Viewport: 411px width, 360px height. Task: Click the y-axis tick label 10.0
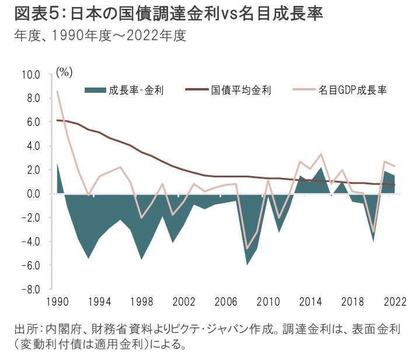[x=30, y=75]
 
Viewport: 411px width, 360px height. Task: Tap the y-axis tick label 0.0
[x=31, y=194]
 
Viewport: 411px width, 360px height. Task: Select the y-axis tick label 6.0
[x=31, y=123]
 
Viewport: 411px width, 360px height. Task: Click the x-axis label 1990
[x=57, y=302]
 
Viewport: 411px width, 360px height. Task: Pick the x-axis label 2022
[x=395, y=302]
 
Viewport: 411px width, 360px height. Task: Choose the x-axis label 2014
[x=311, y=302]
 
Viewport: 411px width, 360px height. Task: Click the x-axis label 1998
[x=142, y=302]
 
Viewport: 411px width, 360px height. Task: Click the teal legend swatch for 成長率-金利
[x=95, y=90]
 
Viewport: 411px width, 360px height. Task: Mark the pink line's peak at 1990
[x=57, y=91]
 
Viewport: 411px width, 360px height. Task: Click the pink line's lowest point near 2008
[x=248, y=249]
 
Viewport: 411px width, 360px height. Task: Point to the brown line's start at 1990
[x=57, y=120]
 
